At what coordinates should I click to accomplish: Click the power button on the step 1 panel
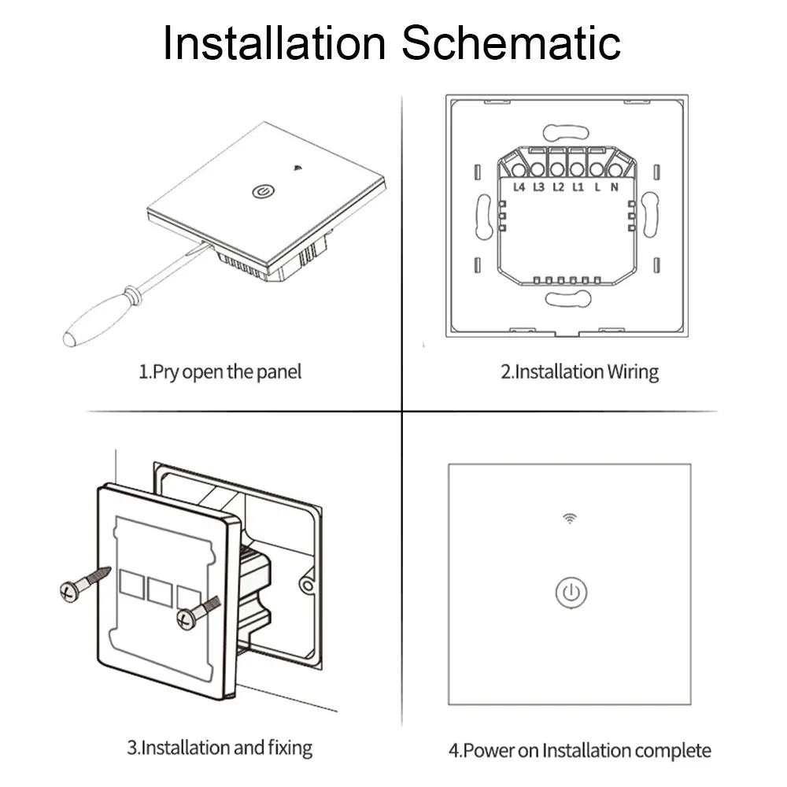coord(260,191)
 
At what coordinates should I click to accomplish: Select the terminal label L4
coord(519,187)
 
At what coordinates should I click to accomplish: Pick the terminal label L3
coord(538,187)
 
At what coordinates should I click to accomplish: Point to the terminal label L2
coord(558,187)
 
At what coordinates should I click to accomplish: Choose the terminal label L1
coord(578,187)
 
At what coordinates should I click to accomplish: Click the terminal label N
coord(615,187)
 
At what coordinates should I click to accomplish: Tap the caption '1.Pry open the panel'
coord(220,371)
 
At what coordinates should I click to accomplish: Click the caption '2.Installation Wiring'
coord(580,371)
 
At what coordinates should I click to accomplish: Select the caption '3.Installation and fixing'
coord(220,747)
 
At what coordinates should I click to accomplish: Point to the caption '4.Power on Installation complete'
coord(580,750)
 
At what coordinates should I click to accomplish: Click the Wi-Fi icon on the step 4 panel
coord(569,518)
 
